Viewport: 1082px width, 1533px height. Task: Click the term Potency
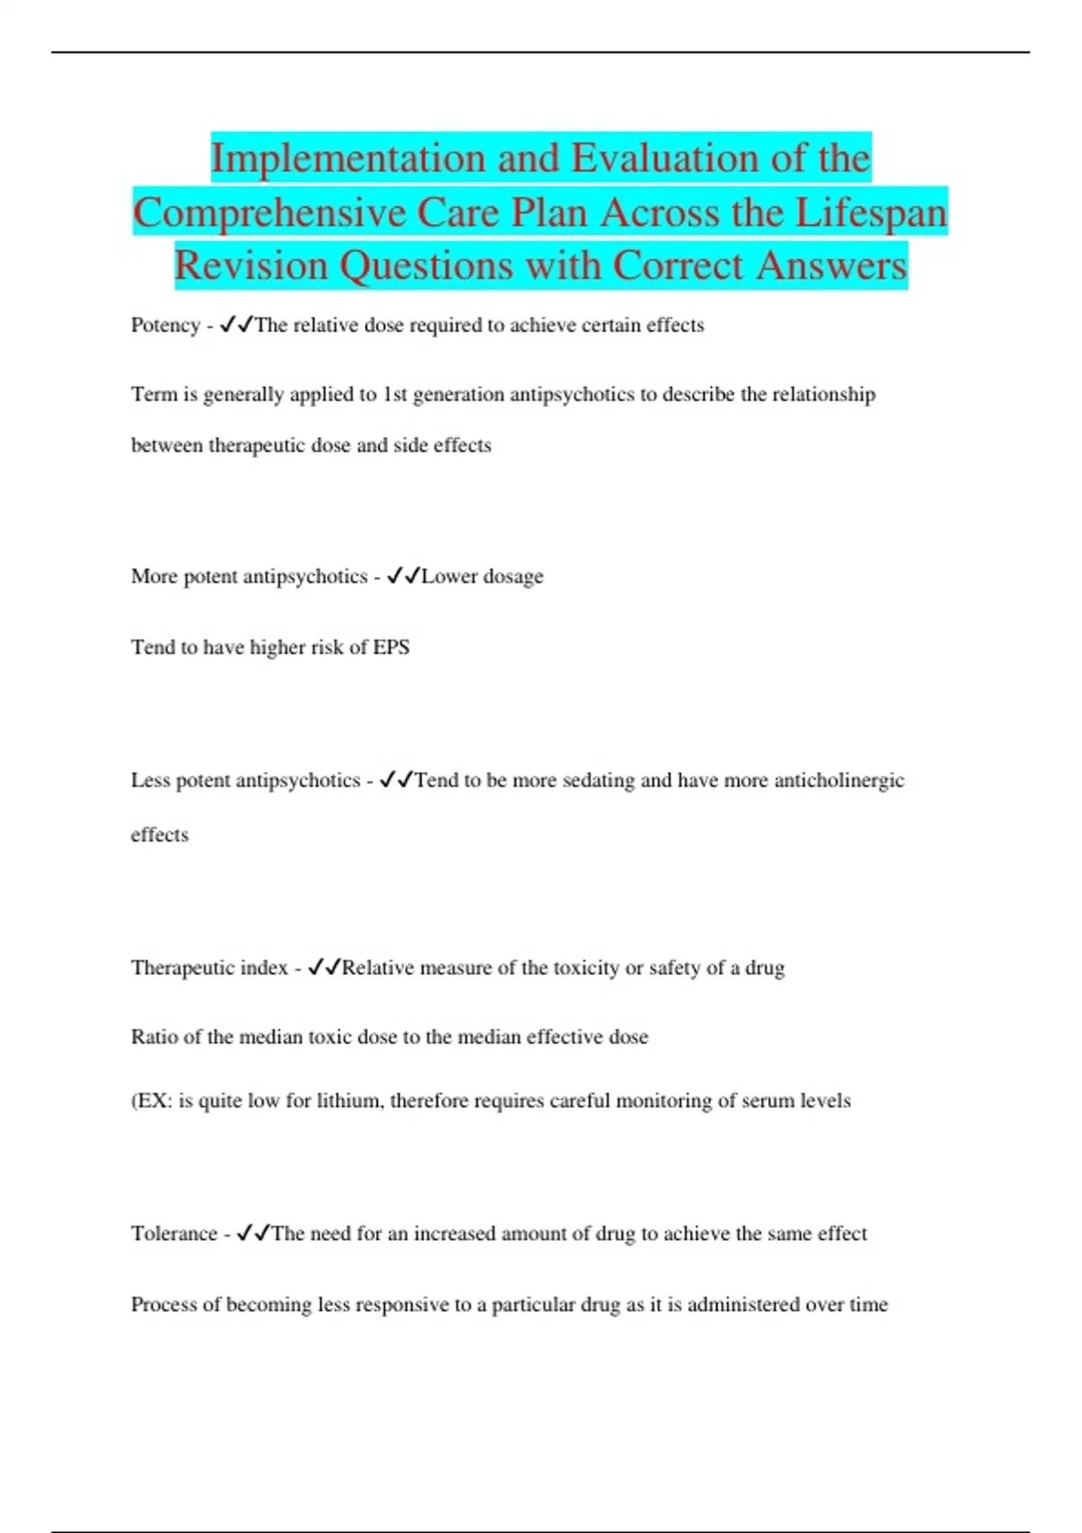(165, 326)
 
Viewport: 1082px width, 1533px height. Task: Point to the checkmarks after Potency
(236, 325)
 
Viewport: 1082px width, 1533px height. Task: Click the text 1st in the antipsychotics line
(395, 395)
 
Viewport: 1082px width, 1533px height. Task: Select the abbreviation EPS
(390, 647)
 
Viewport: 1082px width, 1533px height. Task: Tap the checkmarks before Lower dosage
(403, 576)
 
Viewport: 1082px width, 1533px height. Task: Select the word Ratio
(153, 1037)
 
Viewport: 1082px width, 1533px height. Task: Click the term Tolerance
(174, 1234)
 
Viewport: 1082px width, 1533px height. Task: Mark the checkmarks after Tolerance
(252, 1233)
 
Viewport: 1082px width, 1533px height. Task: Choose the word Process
(164, 1305)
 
